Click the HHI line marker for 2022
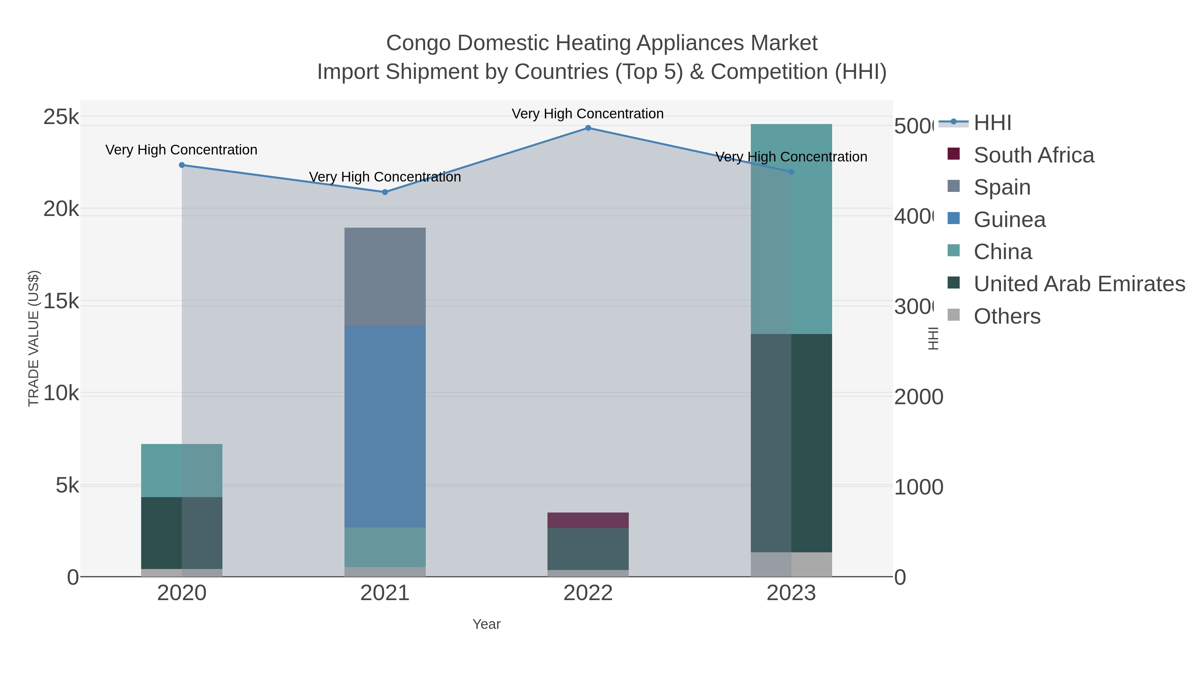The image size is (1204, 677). point(588,128)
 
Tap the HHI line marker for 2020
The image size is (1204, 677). point(182,165)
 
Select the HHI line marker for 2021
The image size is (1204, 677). point(385,192)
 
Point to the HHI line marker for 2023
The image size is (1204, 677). point(791,172)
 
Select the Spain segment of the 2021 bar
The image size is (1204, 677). point(385,276)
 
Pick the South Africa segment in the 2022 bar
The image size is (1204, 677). point(588,520)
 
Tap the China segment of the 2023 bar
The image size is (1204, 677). point(791,229)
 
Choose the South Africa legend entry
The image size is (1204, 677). point(1033,155)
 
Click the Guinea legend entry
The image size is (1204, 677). point(1009,220)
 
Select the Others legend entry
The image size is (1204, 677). point(1007,316)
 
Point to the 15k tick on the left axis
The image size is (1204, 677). point(61,301)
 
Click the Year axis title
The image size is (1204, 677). point(486,624)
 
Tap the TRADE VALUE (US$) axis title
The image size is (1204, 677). point(34,338)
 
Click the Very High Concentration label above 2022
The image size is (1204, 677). point(588,114)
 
